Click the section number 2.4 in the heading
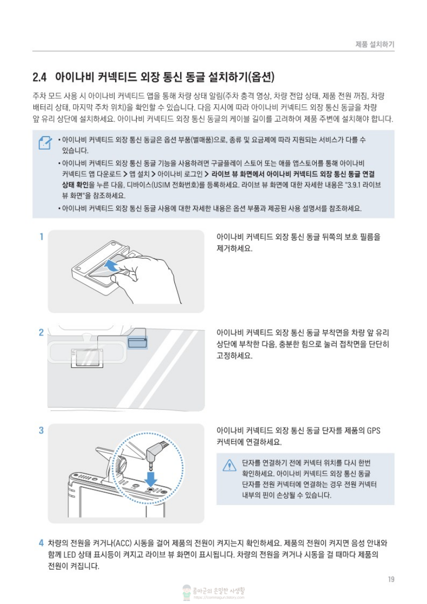39,77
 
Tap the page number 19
391,579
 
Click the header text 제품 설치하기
375,44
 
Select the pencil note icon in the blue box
45,143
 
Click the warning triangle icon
229,465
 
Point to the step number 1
41,236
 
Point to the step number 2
41,332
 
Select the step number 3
41,430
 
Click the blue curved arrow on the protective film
111,265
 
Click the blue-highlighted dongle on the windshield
138,343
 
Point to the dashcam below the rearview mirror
87,358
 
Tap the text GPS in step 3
373,430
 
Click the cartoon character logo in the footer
187,593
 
